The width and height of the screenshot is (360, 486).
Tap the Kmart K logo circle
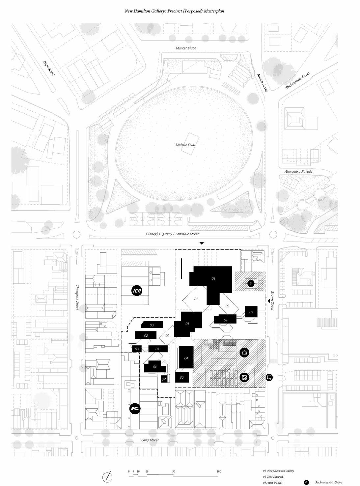(135, 409)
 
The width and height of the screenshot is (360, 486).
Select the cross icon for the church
(251, 283)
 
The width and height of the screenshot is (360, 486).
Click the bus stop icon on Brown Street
(269, 378)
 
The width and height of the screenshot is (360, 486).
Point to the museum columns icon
(244, 353)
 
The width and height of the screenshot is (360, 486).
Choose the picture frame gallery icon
(244, 378)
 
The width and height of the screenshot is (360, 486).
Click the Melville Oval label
(185, 145)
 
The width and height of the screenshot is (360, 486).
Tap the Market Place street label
(186, 48)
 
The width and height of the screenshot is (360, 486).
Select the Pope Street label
(48, 68)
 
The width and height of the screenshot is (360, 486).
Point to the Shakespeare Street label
(297, 81)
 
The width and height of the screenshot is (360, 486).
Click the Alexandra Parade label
(298, 171)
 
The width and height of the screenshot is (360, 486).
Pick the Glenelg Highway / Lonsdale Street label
(172, 234)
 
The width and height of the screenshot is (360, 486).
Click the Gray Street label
(150, 440)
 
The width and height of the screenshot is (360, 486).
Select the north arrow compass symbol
(108, 476)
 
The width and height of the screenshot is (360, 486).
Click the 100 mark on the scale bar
(219, 472)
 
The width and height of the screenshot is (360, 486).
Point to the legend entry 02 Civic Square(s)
(274, 477)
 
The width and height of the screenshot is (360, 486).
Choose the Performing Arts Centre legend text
(328, 483)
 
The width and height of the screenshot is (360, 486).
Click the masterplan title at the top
(174, 11)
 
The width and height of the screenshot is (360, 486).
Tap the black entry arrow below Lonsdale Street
(202, 243)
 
